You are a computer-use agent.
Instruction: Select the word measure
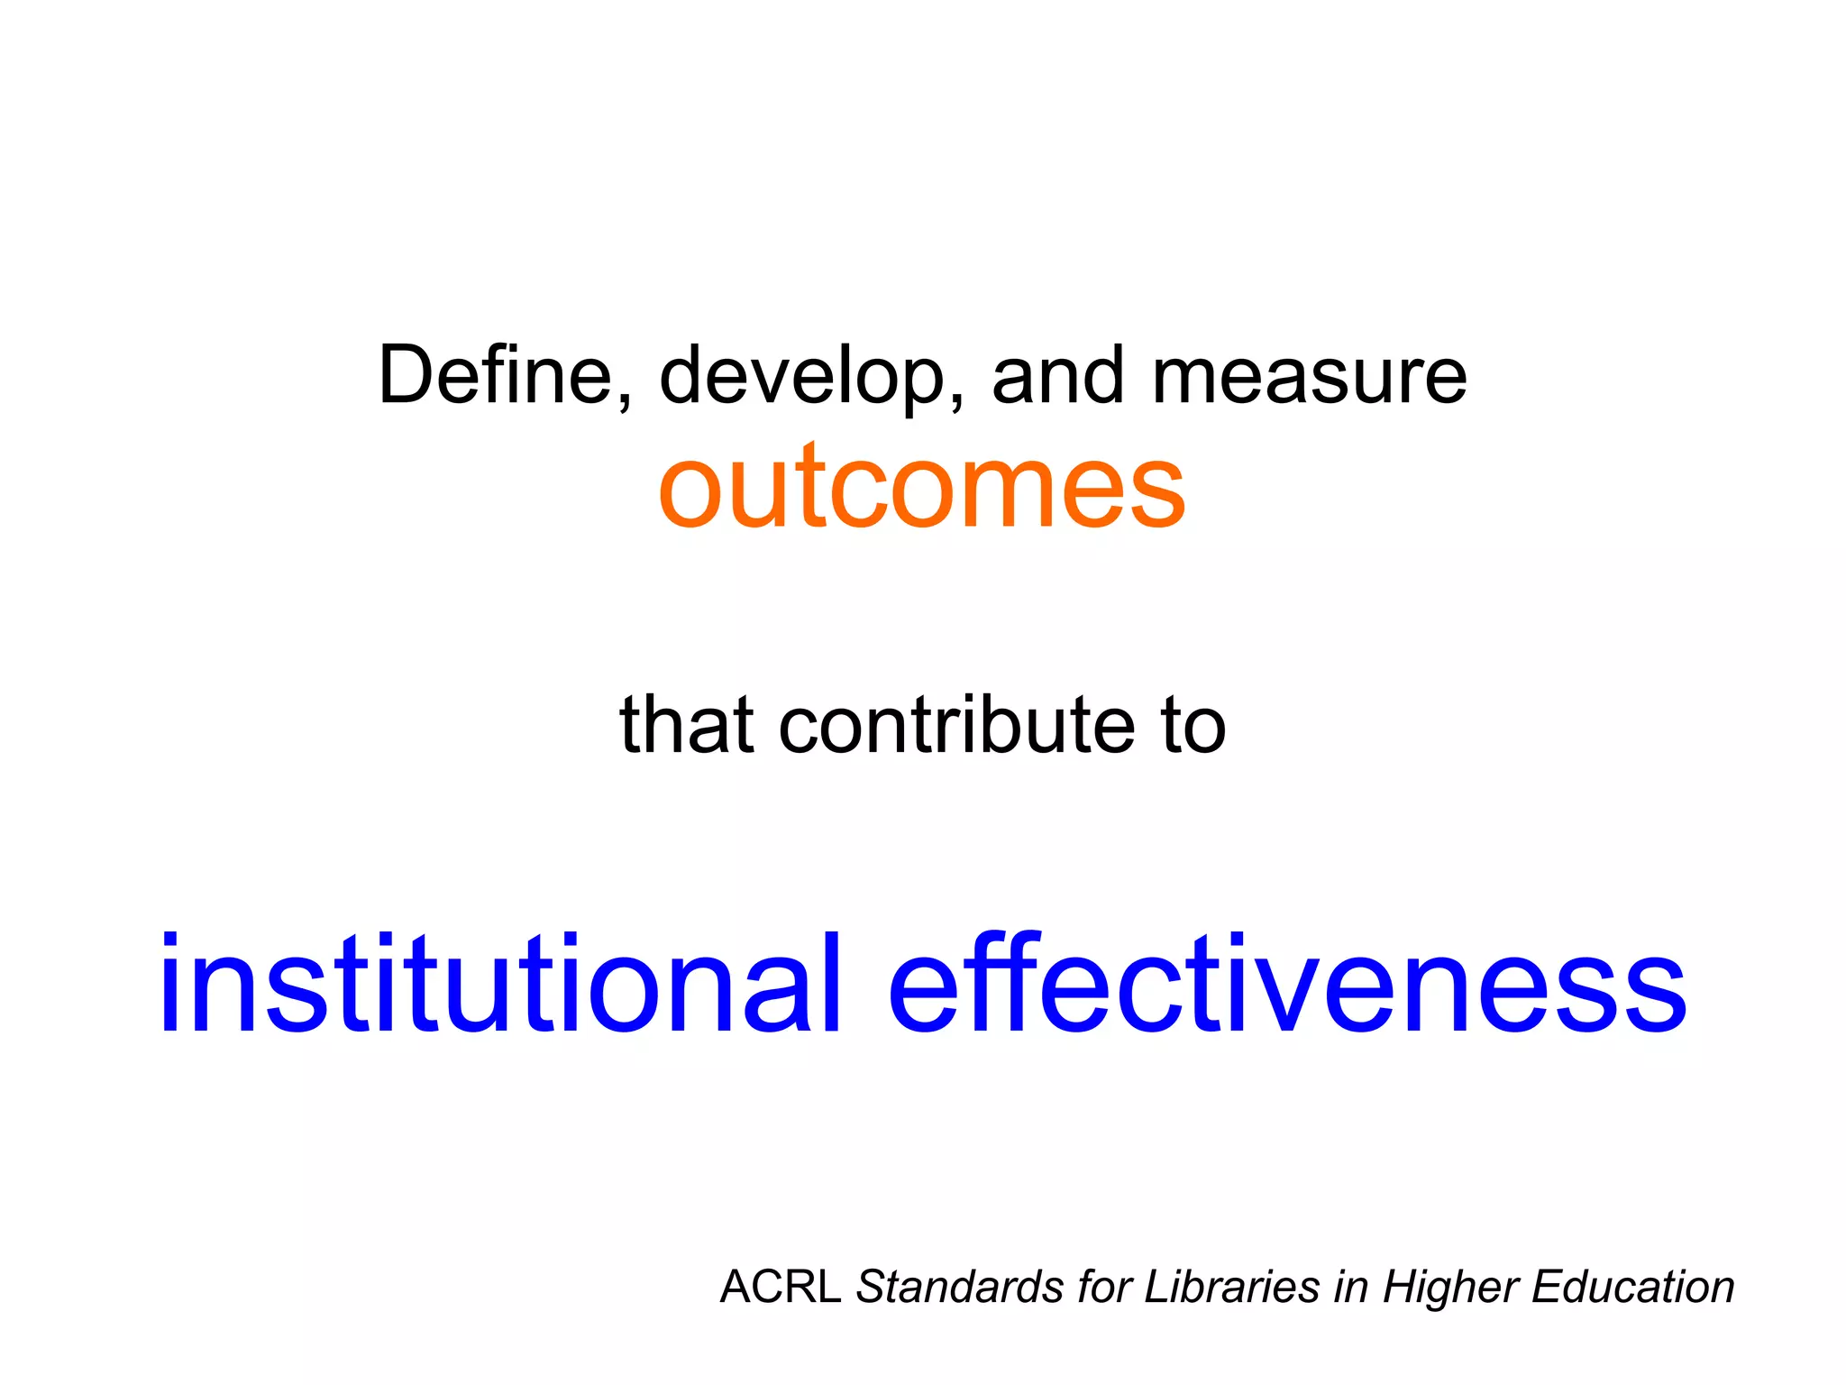tap(1309, 377)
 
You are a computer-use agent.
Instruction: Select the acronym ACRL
tap(780, 1287)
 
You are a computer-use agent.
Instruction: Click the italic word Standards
tap(959, 1287)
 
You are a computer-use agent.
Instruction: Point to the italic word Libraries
tap(1231, 1287)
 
